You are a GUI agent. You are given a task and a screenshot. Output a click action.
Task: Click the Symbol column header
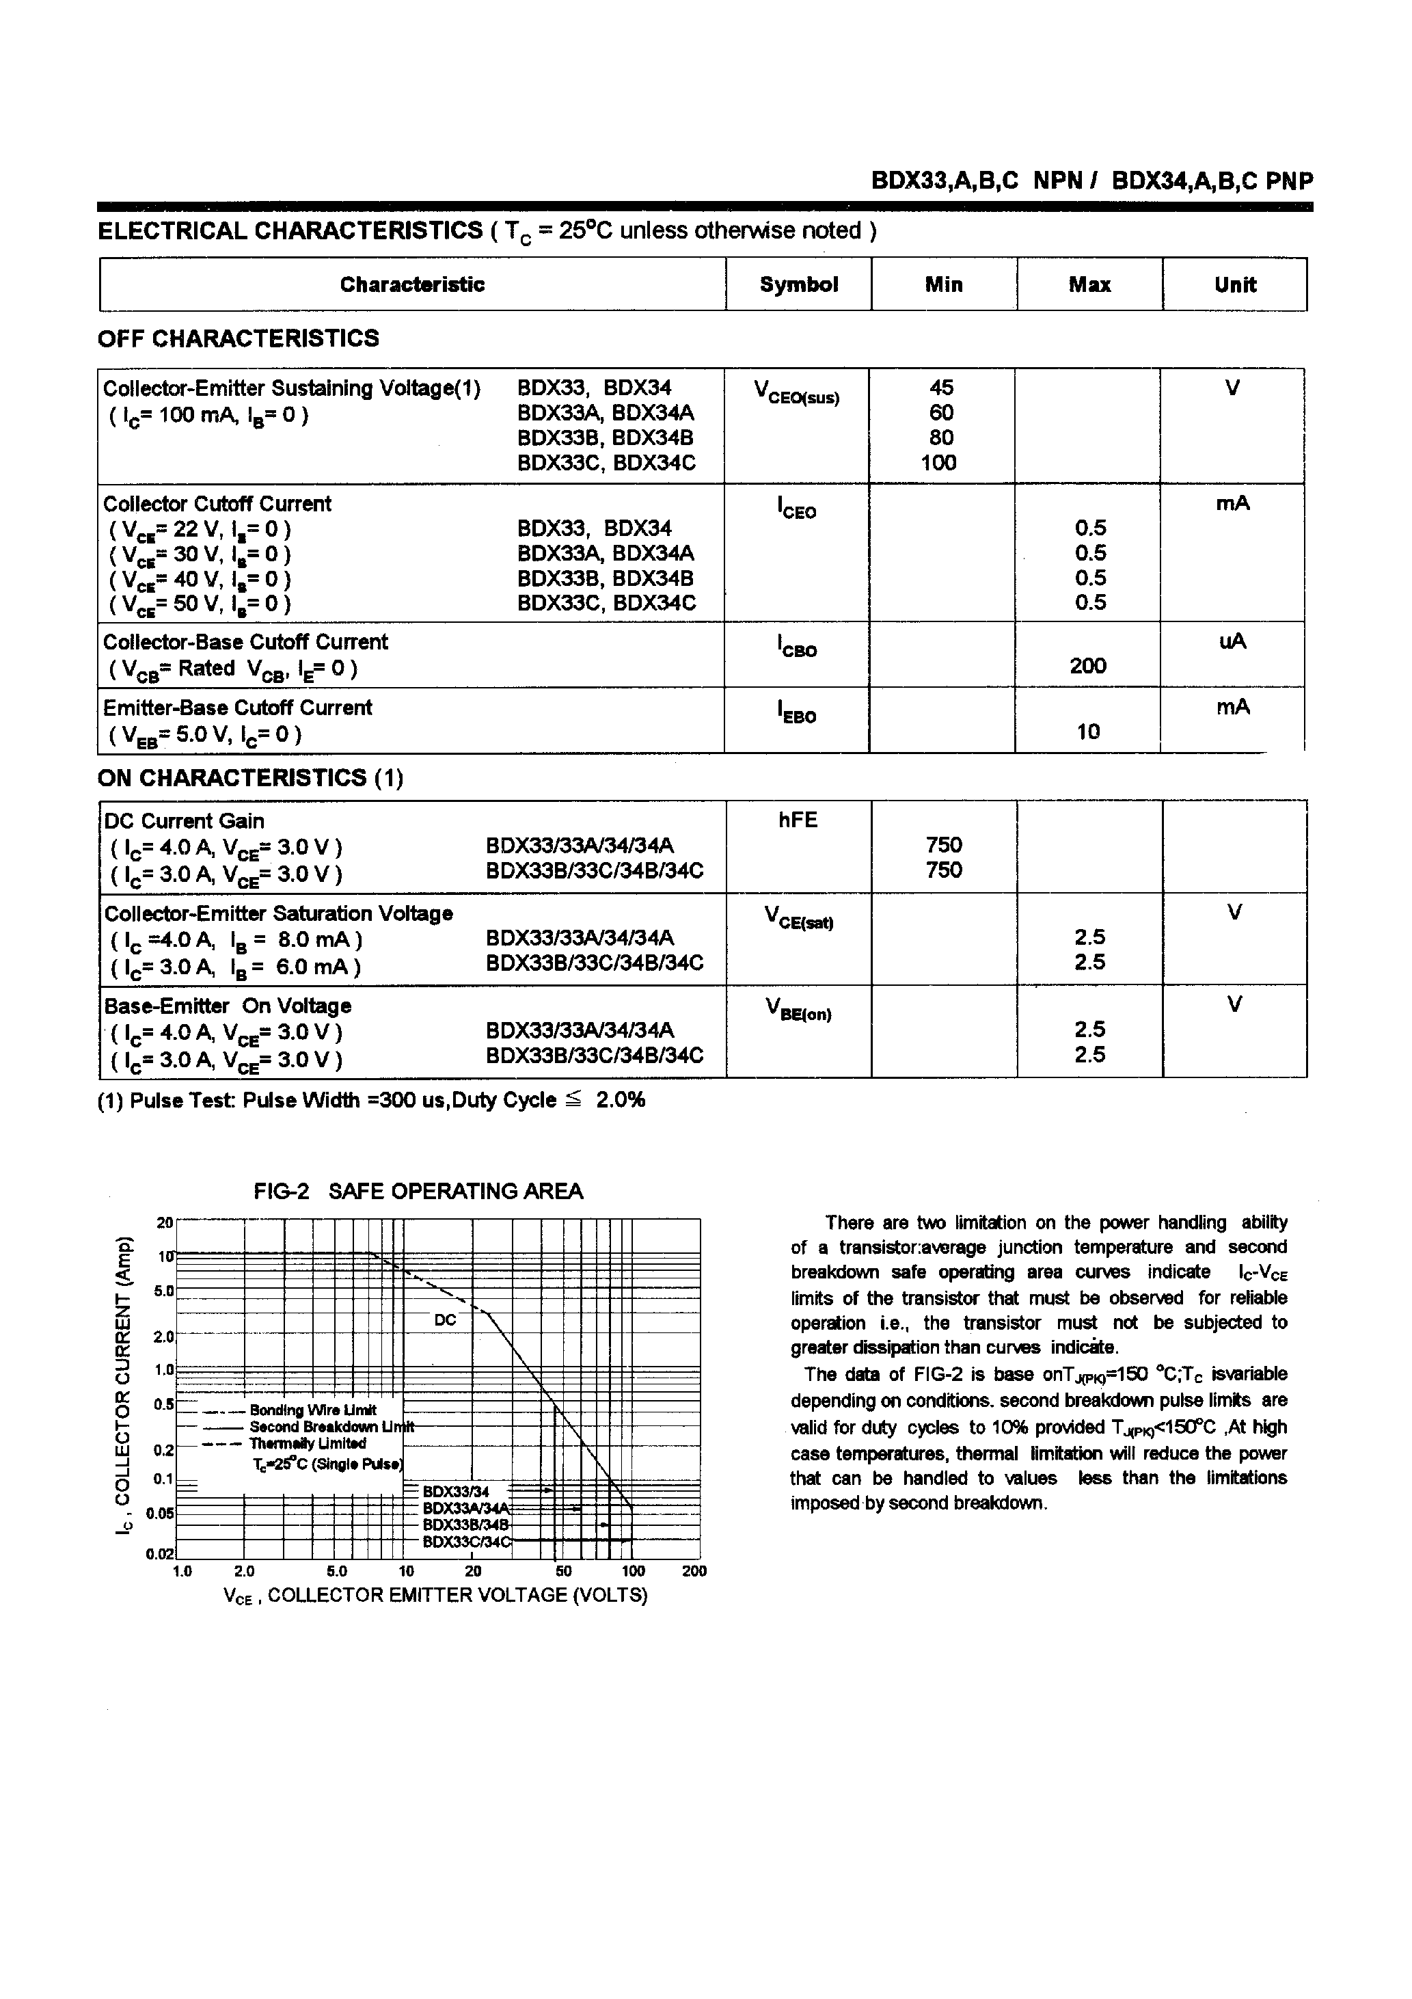click(798, 284)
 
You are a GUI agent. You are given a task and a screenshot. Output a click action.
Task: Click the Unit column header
click(1234, 284)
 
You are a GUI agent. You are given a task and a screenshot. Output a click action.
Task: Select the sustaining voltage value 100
click(938, 464)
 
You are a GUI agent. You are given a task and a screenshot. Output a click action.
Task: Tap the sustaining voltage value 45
click(941, 388)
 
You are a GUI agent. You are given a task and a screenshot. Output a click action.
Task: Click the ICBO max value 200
click(1087, 666)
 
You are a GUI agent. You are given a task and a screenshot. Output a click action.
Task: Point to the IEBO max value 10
click(1088, 732)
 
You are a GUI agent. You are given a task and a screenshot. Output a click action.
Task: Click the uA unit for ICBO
click(1233, 642)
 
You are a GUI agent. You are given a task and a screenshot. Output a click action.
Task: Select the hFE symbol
click(798, 820)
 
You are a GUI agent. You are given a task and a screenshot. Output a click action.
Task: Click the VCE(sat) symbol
click(798, 917)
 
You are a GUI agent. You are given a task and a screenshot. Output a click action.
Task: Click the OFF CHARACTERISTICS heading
click(238, 338)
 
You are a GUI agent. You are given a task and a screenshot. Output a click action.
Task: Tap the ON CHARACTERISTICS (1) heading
click(250, 777)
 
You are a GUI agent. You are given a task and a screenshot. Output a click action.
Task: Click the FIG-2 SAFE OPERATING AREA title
click(418, 1191)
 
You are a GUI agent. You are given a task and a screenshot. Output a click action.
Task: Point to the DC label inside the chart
click(445, 1320)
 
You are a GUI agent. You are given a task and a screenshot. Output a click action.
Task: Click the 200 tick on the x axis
click(694, 1572)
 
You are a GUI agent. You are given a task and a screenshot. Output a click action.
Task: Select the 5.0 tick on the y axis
click(163, 1290)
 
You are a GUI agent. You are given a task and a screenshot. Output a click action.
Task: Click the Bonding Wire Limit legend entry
click(312, 1410)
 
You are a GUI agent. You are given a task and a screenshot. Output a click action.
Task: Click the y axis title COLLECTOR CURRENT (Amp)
click(125, 1385)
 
